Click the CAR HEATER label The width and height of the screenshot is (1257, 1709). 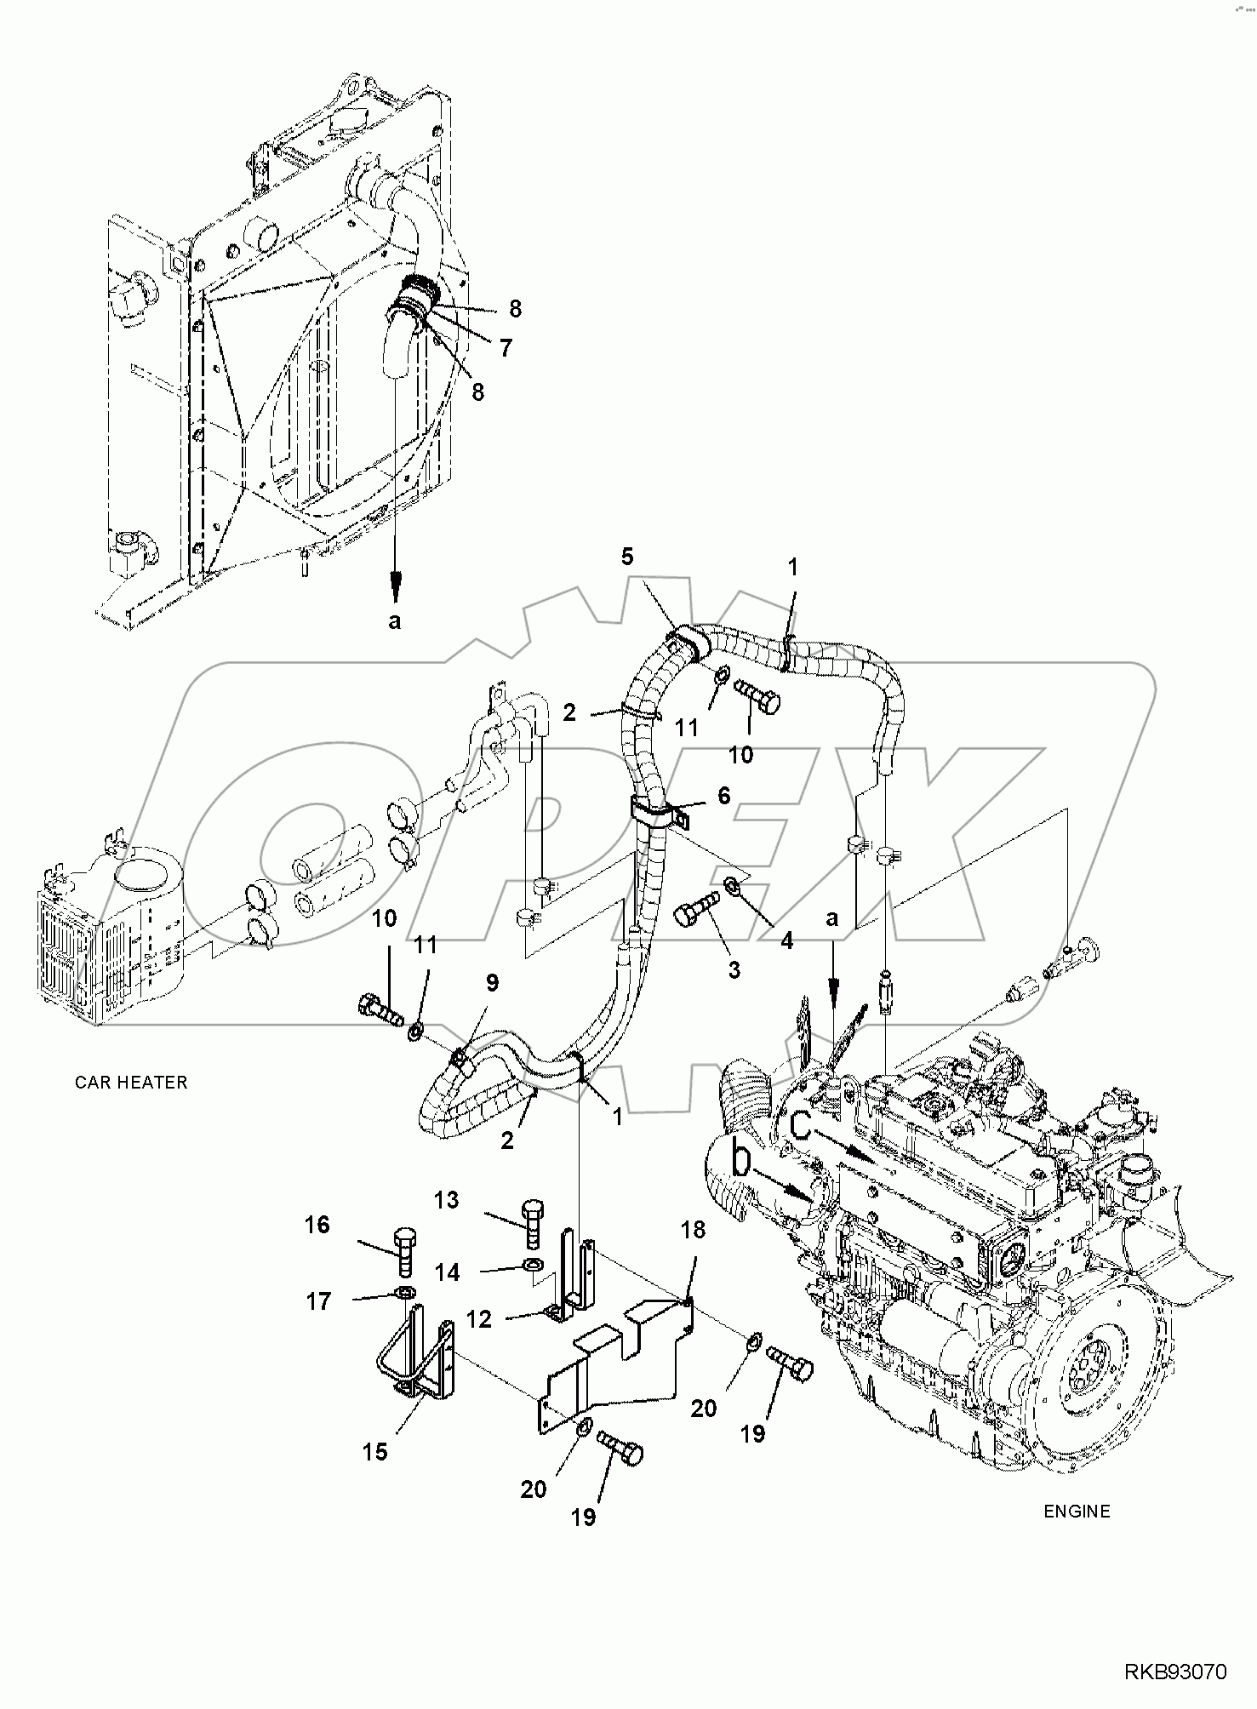pyautogui.click(x=130, y=1083)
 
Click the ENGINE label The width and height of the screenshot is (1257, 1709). pyautogui.click(x=1077, y=1512)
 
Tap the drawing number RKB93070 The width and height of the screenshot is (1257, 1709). pyautogui.click(x=1176, y=1673)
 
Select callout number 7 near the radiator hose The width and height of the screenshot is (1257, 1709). pyautogui.click(x=506, y=347)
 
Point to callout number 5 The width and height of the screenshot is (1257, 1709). pyautogui.click(x=627, y=557)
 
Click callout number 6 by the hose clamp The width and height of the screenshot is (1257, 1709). pyautogui.click(x=724, y=795)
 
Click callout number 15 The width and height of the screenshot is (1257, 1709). pyautogui.click(x=375, y=1452)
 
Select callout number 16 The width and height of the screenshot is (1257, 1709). pyautogui.click(x=317, y=1225)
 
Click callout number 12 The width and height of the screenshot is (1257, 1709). pyautogui.click(x=479, y=1319)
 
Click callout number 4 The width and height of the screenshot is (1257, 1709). pyautogui.click(x=786, y=940)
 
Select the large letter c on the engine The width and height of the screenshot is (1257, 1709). pyautogui.click(x=802, y=1124)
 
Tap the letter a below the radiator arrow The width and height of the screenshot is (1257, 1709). pyautogui.click(x=394, y=621)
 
